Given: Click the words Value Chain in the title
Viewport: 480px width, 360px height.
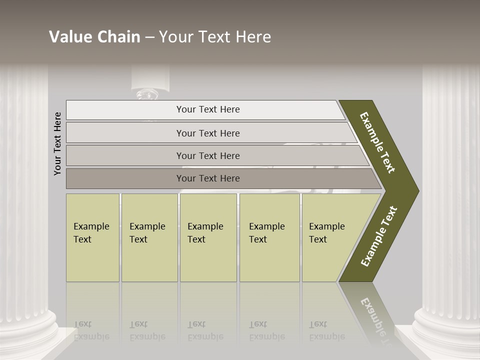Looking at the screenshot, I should point(94,37).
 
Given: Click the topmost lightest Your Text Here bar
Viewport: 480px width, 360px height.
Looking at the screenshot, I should point(207,109).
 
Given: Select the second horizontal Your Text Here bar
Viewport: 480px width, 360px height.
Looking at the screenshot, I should point(207,133).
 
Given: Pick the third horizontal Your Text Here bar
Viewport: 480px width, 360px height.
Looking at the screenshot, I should point(207,155).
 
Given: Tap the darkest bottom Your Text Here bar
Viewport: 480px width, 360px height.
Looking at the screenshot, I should point(207,178).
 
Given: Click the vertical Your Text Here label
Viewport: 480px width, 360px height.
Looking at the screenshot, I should point(58,143).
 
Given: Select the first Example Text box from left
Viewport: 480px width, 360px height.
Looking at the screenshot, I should point(92,237).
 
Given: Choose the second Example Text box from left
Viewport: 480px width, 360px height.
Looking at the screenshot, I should point(149,237).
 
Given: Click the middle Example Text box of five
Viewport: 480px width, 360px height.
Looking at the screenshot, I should point(208,237).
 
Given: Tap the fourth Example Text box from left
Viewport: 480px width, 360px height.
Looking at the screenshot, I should point(269,237).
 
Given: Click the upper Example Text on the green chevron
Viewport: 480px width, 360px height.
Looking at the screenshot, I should point(377,142).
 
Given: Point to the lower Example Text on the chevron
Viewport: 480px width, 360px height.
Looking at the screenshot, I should point(379,236).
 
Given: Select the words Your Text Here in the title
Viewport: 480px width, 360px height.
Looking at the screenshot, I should point(215,37).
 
